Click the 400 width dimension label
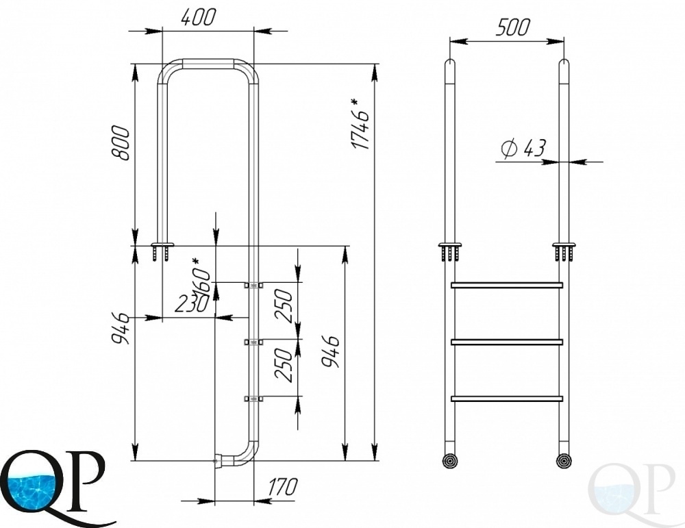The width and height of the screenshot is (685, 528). click(x=199, y=18)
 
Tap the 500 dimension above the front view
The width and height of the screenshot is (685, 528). click(x=512, y=27)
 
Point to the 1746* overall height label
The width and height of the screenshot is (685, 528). click(x=361, y=124)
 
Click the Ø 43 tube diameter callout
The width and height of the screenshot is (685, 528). click(x=523, y=149)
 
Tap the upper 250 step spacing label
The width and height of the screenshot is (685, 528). click(x=284, y=305)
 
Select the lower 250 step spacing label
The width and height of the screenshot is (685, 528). click(x=284, y=365)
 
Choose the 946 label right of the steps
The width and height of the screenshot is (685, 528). click(x=331, y=351)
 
